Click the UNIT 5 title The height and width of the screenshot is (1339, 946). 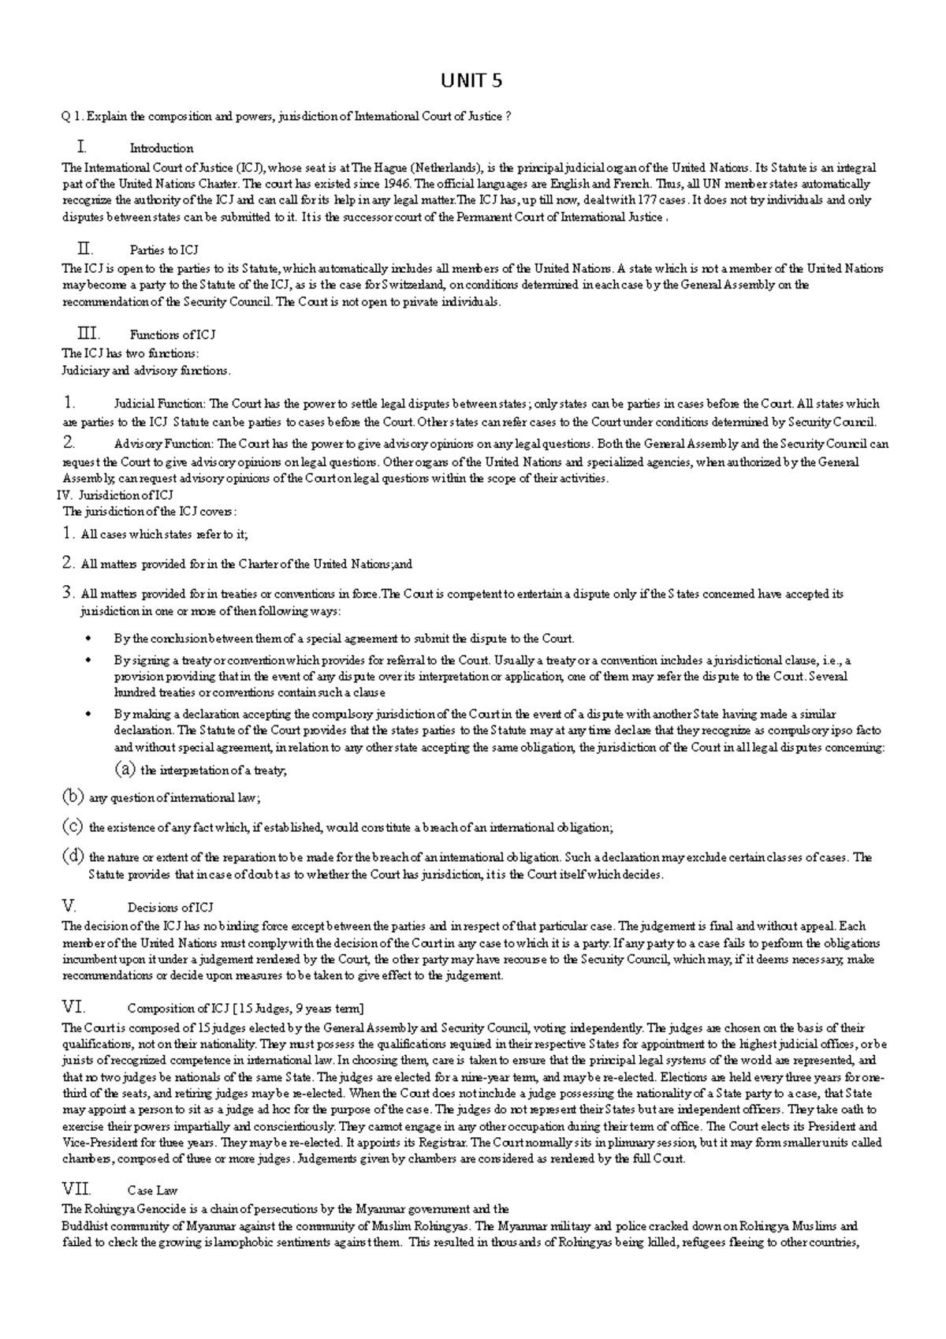[471, 81]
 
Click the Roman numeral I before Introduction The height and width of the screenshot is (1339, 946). [80, 147]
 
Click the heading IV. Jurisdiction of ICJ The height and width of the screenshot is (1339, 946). [117, 495]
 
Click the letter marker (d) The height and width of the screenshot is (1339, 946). [73, 857]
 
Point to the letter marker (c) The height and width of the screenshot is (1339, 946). [73, 827]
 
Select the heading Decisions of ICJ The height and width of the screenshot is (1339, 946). [169, 908]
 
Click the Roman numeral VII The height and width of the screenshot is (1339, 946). [76, 1189]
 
